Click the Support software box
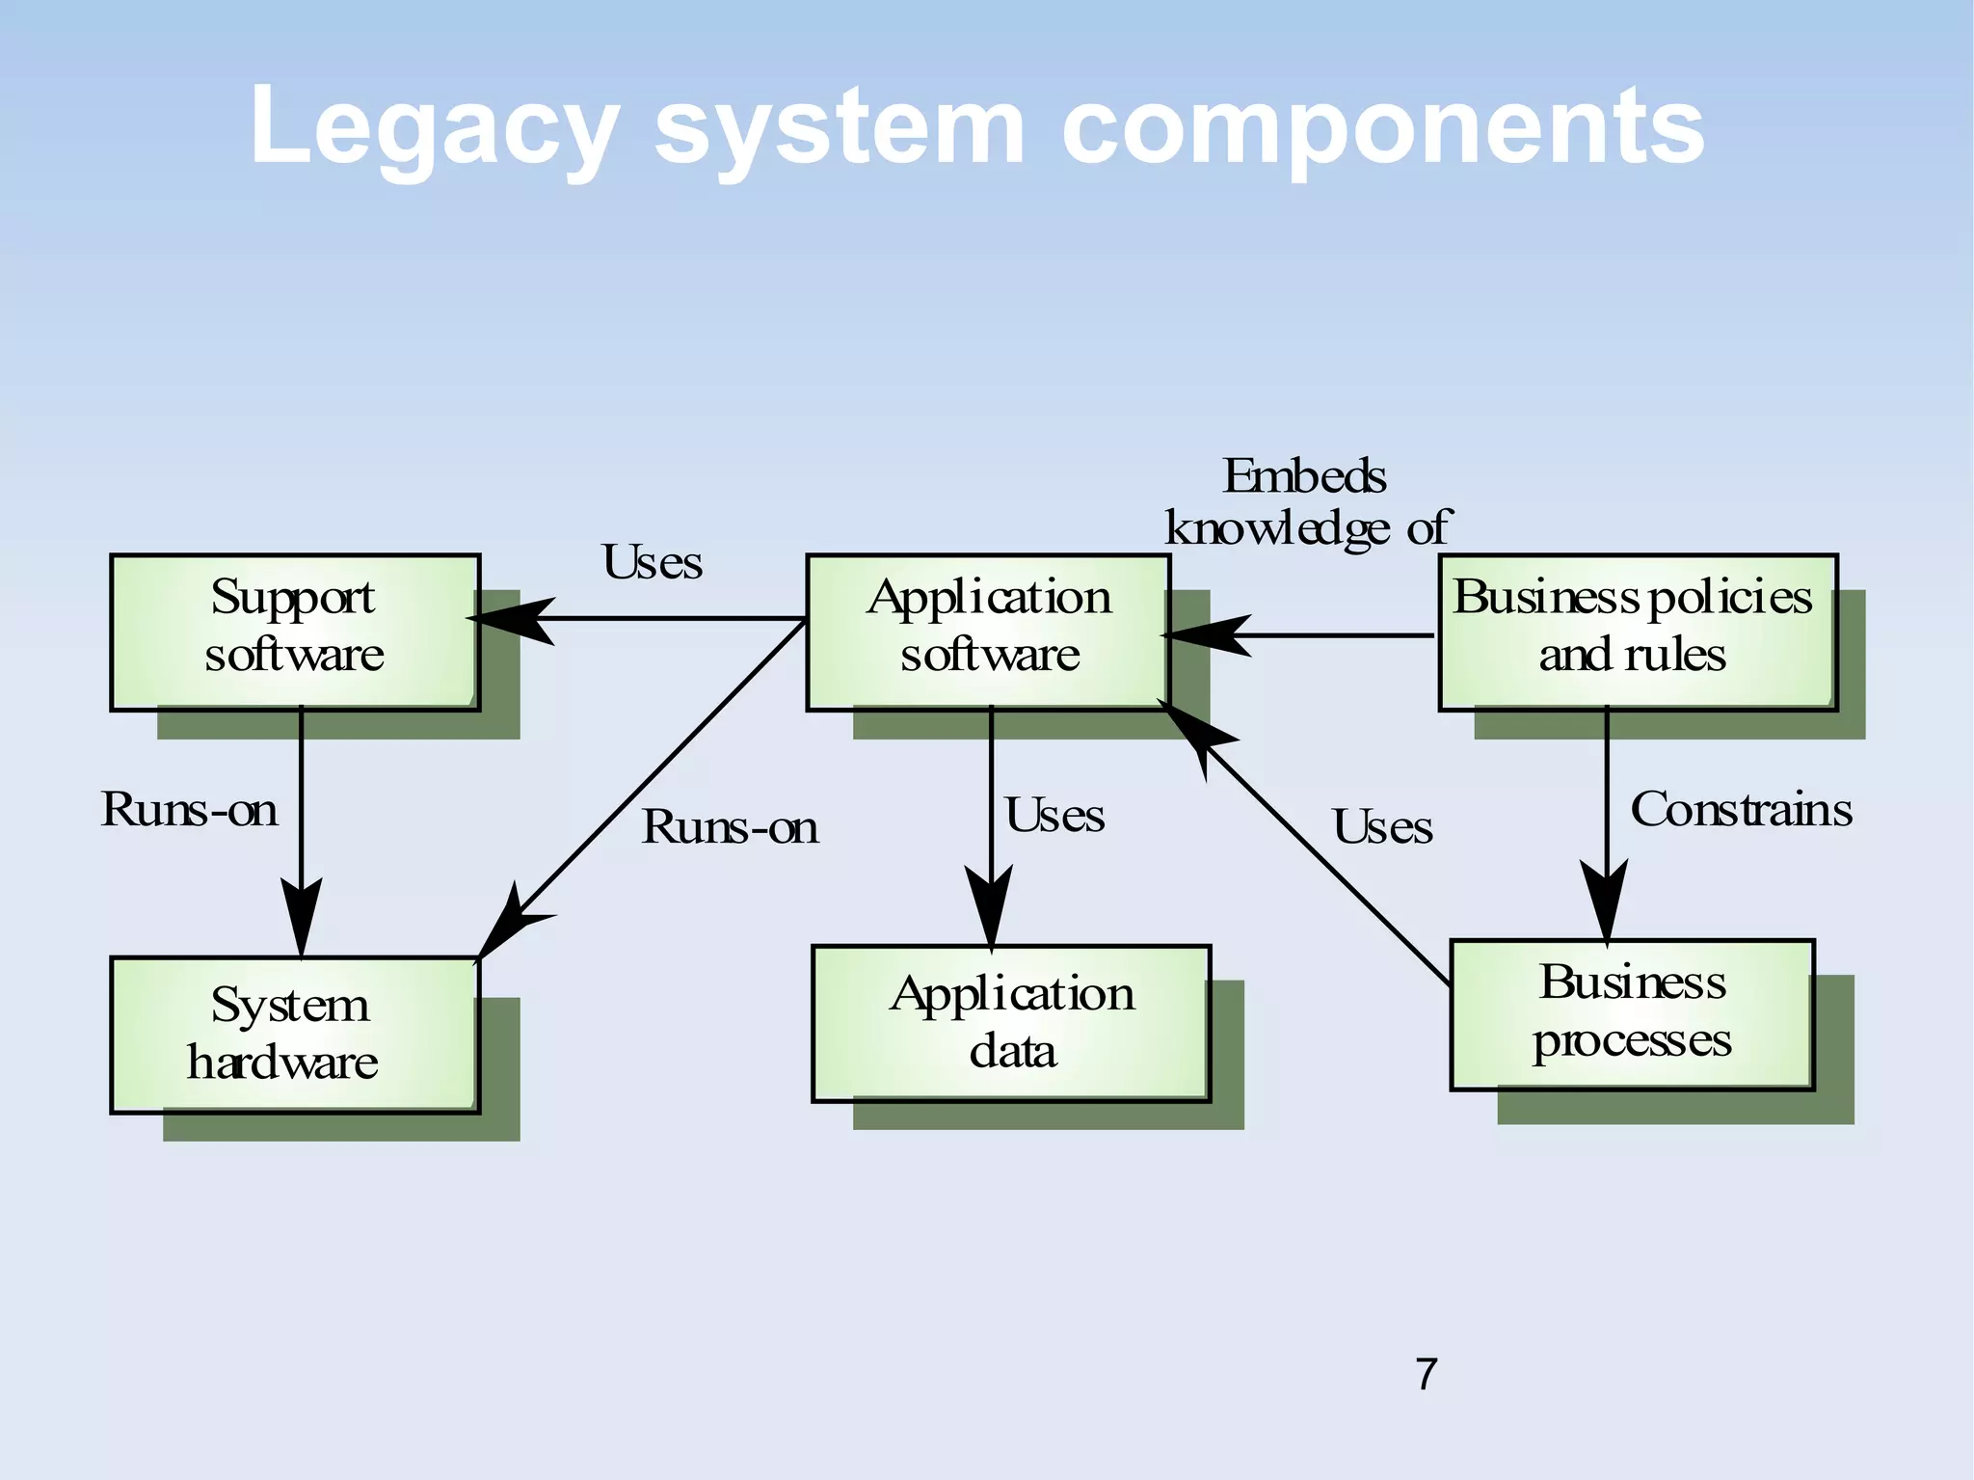click(295, 632)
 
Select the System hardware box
click(295, 1035)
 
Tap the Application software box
click(988, 632)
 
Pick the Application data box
click(1011, 1023)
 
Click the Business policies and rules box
click(1637, 632)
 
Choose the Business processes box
click(1632, 1014)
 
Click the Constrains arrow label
click(1741, 810)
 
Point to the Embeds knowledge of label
click(1306, 502)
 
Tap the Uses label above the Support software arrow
click(653, 563)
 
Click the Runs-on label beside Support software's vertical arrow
click(190, 810)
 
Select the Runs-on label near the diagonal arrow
click(730, 827)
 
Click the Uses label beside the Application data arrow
click(1054, 816)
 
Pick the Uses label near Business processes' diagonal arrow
click(1382, 827)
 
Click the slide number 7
click(1427, 1374)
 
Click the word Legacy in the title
click(434, 128)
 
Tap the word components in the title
click(1382, 128)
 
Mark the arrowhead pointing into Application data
click(990, 906)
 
